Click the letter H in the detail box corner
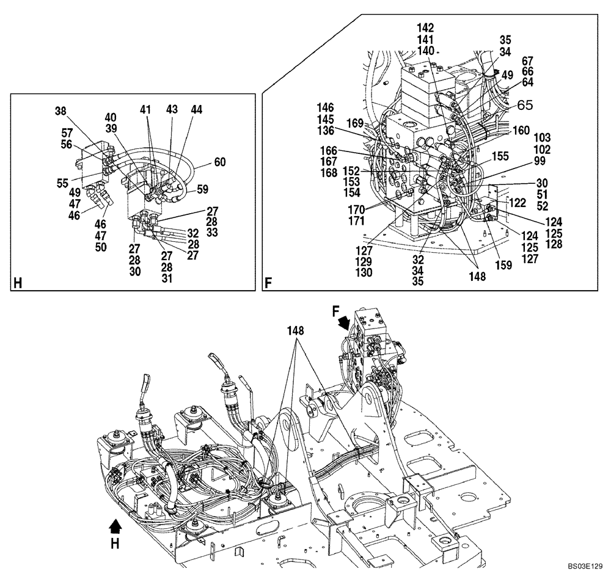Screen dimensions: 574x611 point(17,283)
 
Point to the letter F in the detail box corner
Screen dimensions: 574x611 point(269,283)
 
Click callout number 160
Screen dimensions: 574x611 point(521,130)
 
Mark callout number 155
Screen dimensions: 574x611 point(500,156)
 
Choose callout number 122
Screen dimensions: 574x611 point(518,202)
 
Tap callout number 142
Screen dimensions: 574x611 point(425,27)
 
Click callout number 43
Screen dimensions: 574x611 point(172,109)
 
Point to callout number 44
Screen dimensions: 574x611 point(196,109)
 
